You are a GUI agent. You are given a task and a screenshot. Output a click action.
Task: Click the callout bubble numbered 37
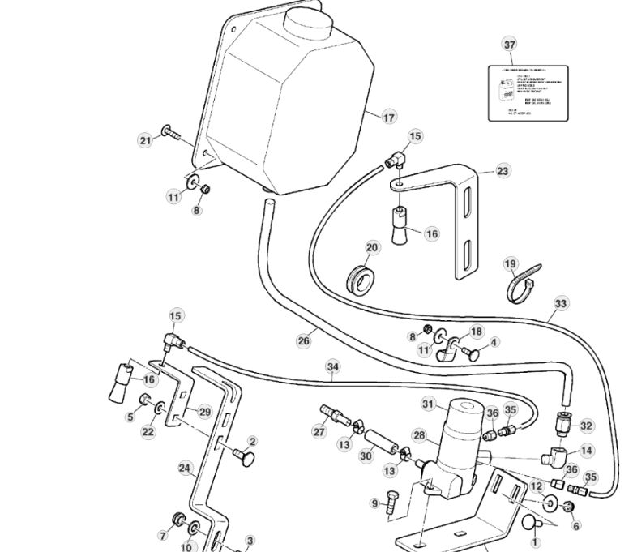pyautogui.click(x=509, y=45)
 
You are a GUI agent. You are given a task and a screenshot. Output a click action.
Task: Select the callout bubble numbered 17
pyautogui.click(x=389, y=118)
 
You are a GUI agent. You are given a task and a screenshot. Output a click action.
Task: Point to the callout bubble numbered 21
pyautogui.click(x=145, y=141)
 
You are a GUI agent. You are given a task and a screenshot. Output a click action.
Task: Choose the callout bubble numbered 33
pyautogui.click(x=561, y=306)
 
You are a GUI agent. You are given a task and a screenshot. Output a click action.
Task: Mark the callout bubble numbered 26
pyautogui.click(x=303, y=341)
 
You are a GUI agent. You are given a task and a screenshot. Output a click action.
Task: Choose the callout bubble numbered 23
pyautogui.click(x=503, y=171)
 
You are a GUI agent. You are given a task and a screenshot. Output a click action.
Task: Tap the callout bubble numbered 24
pyautogui.click(x=184, y=468)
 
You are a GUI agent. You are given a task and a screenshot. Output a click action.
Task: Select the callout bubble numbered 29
pyautogui.click(x=205, y=412)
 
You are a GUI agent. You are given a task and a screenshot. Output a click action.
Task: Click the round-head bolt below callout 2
pyautogui.click(x=244, y=460)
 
